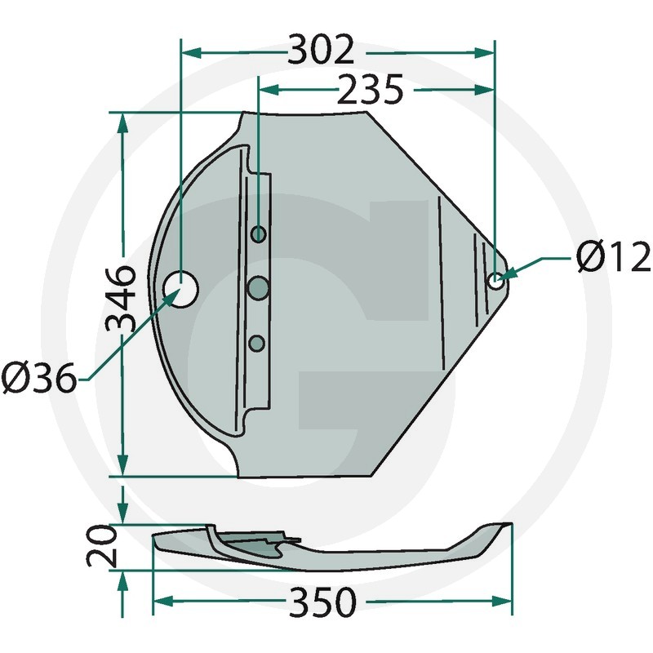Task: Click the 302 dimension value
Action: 321,50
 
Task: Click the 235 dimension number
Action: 371,89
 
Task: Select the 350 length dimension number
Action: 323,602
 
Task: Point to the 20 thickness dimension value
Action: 101,546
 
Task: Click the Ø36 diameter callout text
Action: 39,378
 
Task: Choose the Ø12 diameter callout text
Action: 613,256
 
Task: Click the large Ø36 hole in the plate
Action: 181,290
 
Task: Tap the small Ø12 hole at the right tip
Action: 495,280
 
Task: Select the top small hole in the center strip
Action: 259,234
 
